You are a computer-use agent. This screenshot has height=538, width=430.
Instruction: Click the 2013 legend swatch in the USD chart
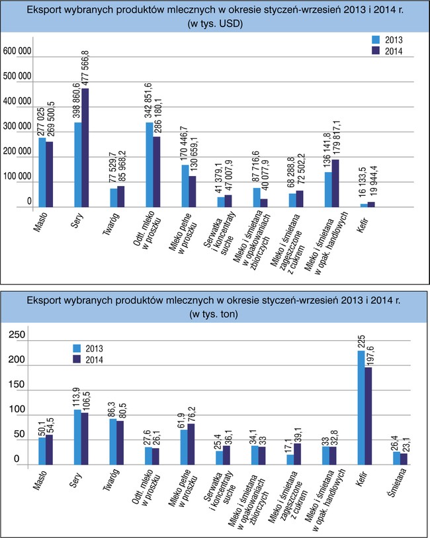point(376,39)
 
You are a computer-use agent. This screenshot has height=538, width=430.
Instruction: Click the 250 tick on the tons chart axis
point(14,336)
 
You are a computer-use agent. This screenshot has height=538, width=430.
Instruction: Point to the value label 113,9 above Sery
point(77,397)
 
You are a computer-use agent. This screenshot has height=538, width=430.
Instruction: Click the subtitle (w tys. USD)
point(216,24)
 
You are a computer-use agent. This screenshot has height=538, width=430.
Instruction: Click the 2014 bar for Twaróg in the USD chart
point(120,197)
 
